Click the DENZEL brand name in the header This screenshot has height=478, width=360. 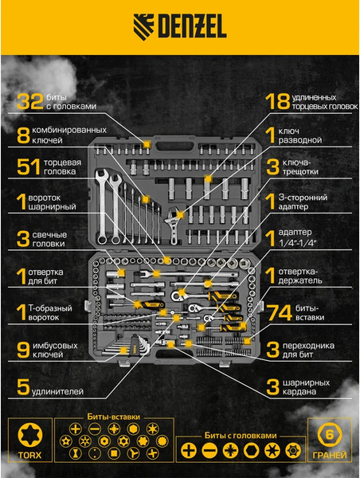pyautogui.click(x=192, y=26)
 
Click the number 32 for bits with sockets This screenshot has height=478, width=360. pyautogui.click(x=29, y=101)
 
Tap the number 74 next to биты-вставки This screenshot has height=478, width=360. pyautogui.click(x=280, y=313)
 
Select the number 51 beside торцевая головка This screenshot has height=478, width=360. pyautogui.click(x=29, y=167)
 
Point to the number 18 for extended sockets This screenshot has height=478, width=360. pyautogui.click(x=277, y=101)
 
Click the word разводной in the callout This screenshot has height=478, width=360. pyautogui.click(x=299, y=140)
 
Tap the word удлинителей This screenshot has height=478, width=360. pyautogui.click(x=57, y=391)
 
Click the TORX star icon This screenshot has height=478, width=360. pyautogui.click(x=30, y=435)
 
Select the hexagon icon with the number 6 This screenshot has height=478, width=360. pyautogui.click(x=330, y=435)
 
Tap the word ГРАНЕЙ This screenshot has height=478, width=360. pyautogui.click(x=330, y=455)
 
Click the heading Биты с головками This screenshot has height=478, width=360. pyautogui.click(x=241, y=436)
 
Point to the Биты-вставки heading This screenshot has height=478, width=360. pyautogui.click(x=114, y=417)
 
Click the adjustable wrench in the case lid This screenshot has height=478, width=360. pyautogui.click(x=173, y=225)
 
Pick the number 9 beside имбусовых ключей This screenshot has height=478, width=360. pyautogui.click(x=23, y=350)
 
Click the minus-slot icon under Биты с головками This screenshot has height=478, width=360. pyautogui.click(x=209, y=450)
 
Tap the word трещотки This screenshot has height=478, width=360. pyautogui.click(x=300, y=171)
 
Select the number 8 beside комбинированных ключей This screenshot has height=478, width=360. pyautogui.click(x=23, y=135)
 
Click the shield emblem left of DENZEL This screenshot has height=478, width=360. pyautogui.click(x=143, y=27)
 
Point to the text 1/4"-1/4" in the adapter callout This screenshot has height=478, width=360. pyautogui.click(x=298, y=243)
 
